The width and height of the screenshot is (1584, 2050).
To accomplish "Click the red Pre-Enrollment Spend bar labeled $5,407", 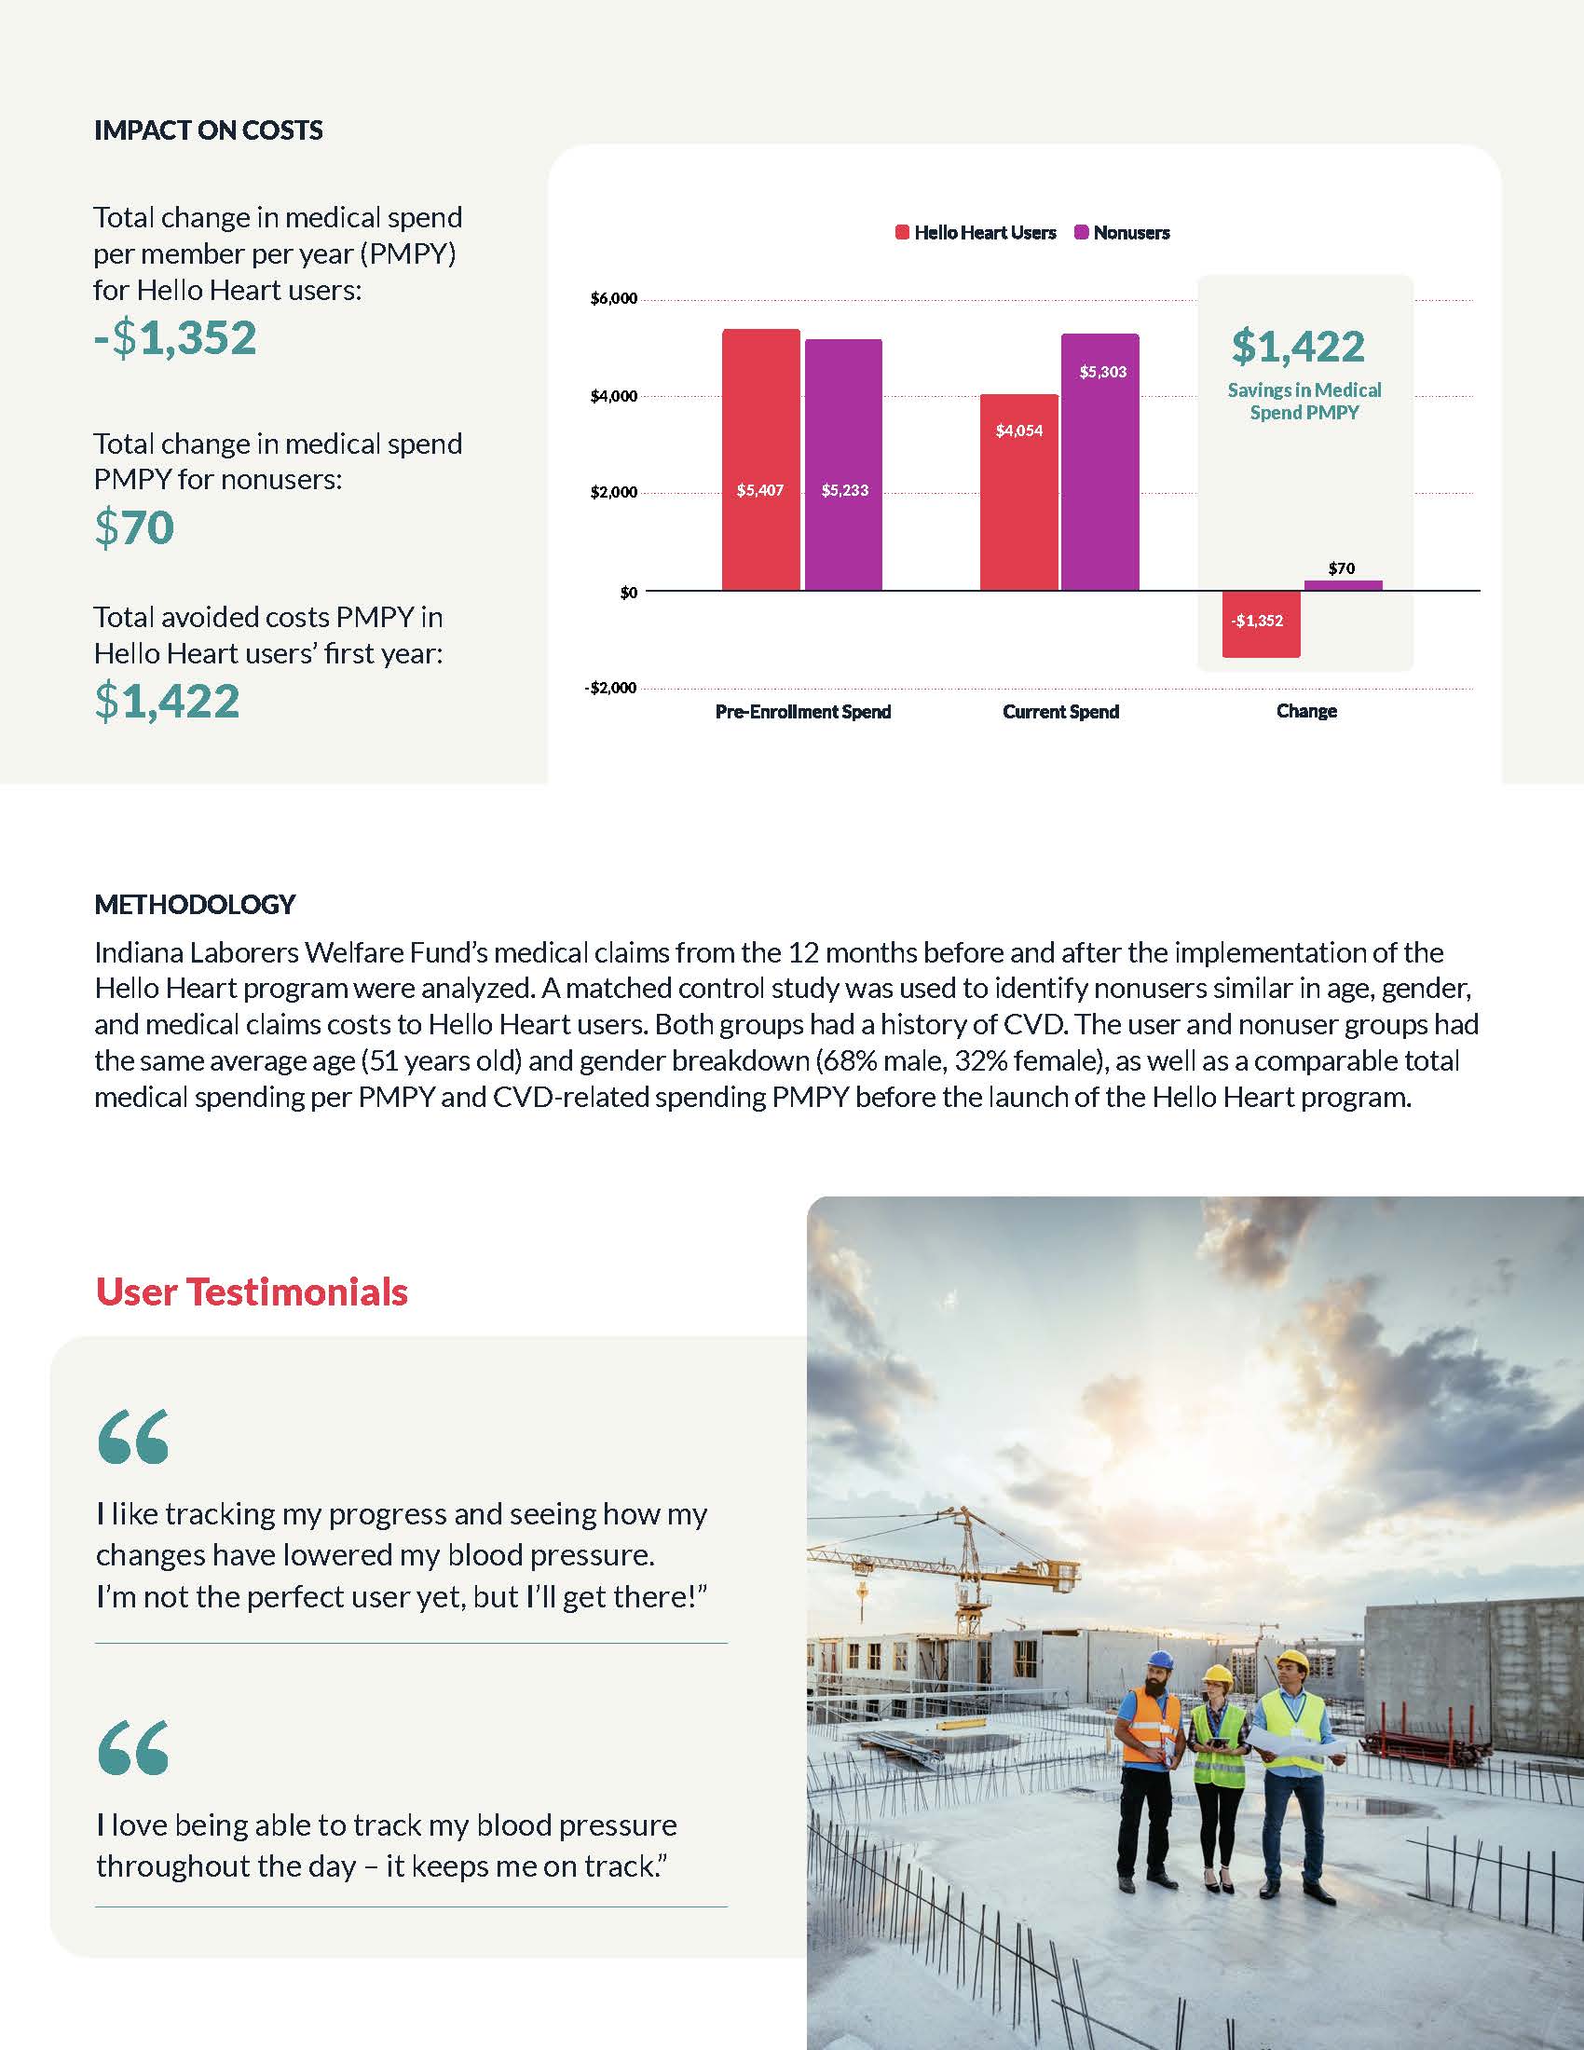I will [760, 460].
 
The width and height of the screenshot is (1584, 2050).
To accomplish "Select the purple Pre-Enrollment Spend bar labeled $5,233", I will [842, 465].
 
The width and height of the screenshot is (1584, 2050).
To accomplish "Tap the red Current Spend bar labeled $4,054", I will [1019, 492].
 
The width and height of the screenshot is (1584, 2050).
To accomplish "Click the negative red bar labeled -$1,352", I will [1261, 623].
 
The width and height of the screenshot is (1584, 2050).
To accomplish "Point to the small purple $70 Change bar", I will [1343, 586].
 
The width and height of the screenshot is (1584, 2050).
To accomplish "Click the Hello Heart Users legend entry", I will [976, 233].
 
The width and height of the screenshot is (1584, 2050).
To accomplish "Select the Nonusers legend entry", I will [1123, 233].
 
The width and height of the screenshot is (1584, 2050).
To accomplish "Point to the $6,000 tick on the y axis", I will [614, 299].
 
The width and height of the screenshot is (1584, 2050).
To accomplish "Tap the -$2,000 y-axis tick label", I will [611, 688].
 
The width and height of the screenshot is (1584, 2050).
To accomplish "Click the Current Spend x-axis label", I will [1060, 712].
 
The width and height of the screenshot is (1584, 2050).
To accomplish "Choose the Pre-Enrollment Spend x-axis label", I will [802, 712].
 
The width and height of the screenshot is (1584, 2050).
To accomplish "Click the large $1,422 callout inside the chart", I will [1298, 347].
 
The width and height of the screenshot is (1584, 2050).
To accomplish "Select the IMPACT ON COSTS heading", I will [209, 130].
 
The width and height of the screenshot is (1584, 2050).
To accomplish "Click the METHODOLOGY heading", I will [195, 904].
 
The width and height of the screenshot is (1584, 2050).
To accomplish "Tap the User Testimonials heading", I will [252, 1291].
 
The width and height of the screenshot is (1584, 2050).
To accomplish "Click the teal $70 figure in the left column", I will [134, 526].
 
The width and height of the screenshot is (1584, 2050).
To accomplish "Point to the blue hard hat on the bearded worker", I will [1161, 1659].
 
